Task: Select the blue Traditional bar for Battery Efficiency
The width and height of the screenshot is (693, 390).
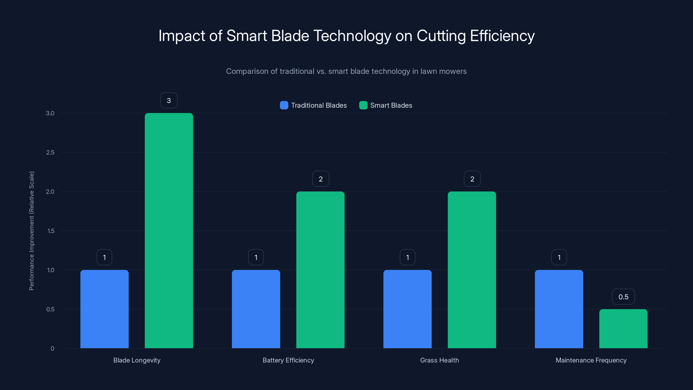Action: click(x=256, y=309)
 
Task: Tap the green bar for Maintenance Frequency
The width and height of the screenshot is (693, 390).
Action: click(x=623, y=329)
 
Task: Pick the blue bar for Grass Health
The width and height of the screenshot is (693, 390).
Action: click(x=407, y=309)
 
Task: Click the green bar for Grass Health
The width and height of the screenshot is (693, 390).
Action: click(x=472, y=270)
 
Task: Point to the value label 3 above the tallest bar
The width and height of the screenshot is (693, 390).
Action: click(x=169, y=100)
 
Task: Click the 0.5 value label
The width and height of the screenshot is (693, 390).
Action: click(x=623, y=297)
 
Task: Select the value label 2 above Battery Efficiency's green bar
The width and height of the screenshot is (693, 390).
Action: click(x=321, y=179)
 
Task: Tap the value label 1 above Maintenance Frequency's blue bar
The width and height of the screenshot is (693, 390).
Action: click(x=559, y=257)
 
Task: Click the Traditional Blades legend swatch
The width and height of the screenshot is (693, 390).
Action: click(x=284, y=105)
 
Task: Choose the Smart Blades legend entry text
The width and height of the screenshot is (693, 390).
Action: click(x=391, y=105)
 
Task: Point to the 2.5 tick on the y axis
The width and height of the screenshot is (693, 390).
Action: click(x=50, y=152)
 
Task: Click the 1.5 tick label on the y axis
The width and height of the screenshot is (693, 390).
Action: click(x=51, y=231)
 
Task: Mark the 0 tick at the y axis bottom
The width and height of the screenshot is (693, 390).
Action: click(x=52, y=349)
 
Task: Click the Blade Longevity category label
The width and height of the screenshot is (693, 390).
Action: click(x=137, y=360)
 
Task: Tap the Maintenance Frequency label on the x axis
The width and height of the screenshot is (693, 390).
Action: click(x=591, y=360)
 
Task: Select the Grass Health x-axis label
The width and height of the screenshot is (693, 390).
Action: click(x=439, y=360)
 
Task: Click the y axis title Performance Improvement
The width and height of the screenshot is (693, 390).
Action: click(x=31, y=231)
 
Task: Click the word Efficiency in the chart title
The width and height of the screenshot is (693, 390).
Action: click(x=502, y=36)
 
